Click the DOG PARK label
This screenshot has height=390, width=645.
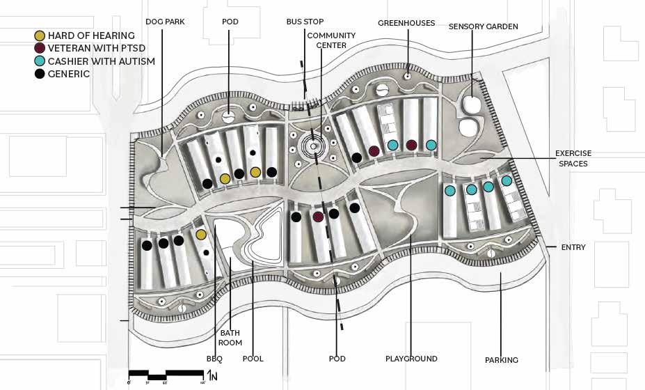(165, 22)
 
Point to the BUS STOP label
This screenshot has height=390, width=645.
(305, 22)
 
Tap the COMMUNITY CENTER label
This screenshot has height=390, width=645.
(331, 40)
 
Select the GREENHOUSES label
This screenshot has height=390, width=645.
(406, 23)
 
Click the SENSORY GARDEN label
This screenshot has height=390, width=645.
(483, 26)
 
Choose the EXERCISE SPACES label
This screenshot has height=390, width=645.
(573, 158)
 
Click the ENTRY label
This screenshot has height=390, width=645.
(573, 247)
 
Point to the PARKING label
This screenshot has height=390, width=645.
(502, 360)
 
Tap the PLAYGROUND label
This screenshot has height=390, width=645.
(411, 359)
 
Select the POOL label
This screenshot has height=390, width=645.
(253, 359)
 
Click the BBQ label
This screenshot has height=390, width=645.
(215, 359)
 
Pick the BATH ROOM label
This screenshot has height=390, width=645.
(230, 338)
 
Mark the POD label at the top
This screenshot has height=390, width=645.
(230, 22)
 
